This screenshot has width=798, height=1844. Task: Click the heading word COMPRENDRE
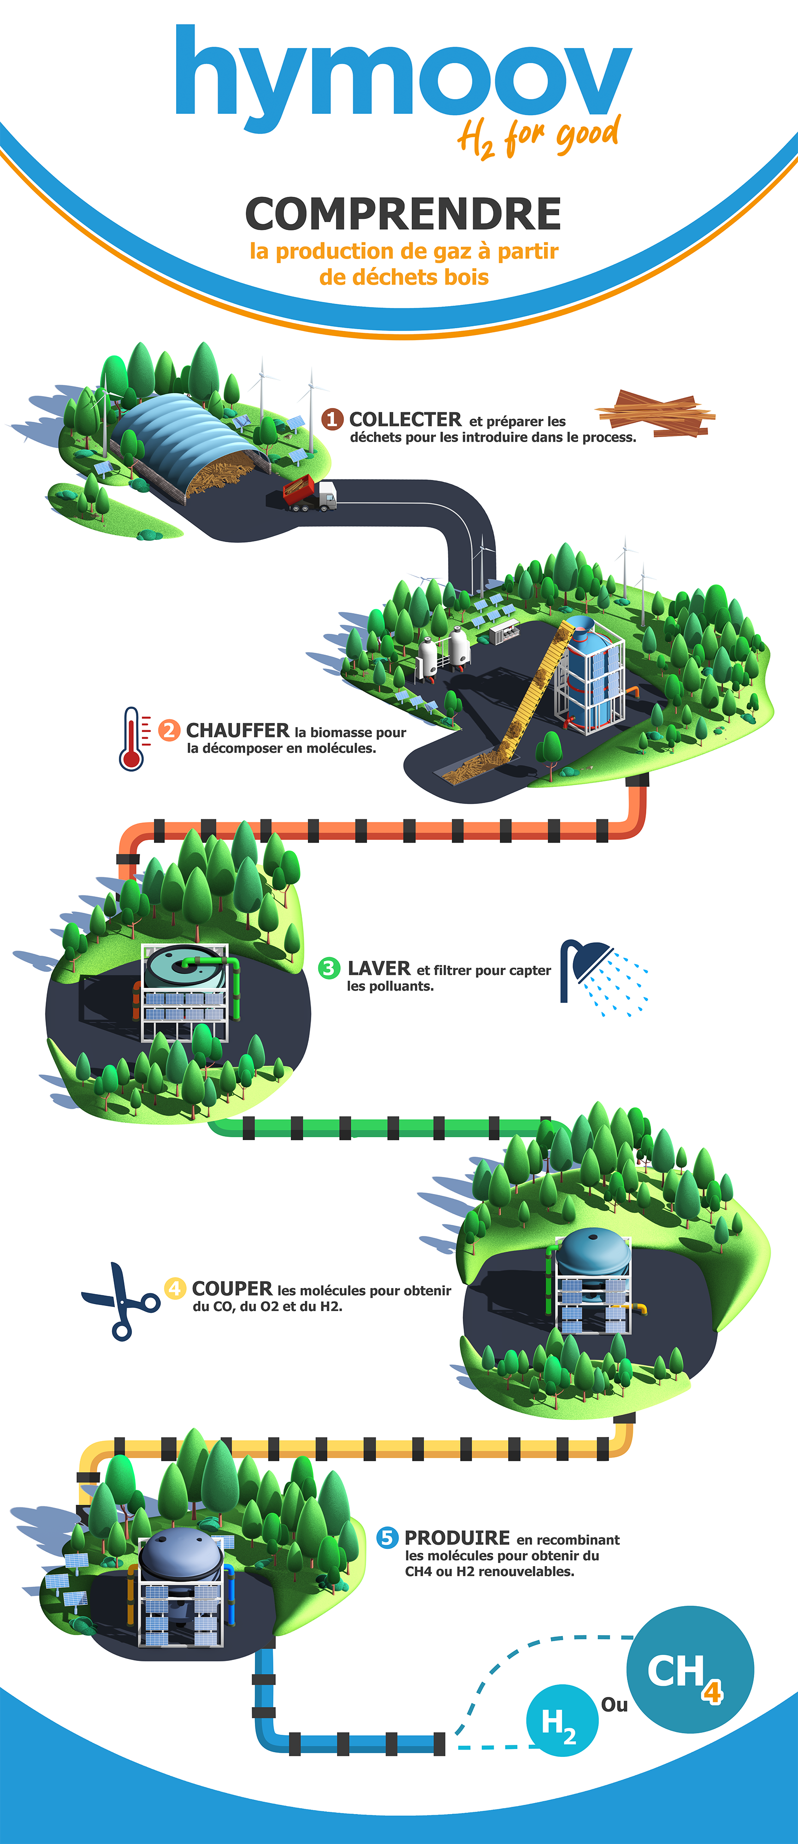click(x=403, y=214)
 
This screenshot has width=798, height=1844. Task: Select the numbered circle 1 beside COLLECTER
click(x=331, y=419)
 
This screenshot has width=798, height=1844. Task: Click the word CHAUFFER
click(x=237, y=730)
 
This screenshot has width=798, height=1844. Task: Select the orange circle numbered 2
click(x=169, y=730)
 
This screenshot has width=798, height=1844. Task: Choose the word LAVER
click(x=378, y=969)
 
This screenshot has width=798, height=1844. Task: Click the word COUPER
click(x=232, y=1288)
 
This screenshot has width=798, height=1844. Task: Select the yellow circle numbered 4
click(x=175, y=1288)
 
